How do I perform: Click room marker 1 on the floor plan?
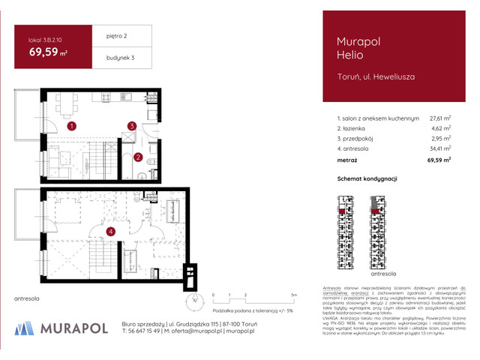pos(71,127)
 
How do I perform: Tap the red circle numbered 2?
pos(138,157)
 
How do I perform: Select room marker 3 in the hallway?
pos(131,126)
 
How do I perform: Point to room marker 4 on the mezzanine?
pos(110,231)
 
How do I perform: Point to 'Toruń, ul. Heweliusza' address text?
pos(370,76)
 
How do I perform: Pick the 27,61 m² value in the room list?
pos(439,118)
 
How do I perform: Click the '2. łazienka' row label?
pos(355,128)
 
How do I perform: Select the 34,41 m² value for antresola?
pos(439,149)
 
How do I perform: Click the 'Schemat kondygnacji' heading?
pos(367,178)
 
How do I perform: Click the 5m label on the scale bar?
pos(295,295)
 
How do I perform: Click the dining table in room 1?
pos(67,106)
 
